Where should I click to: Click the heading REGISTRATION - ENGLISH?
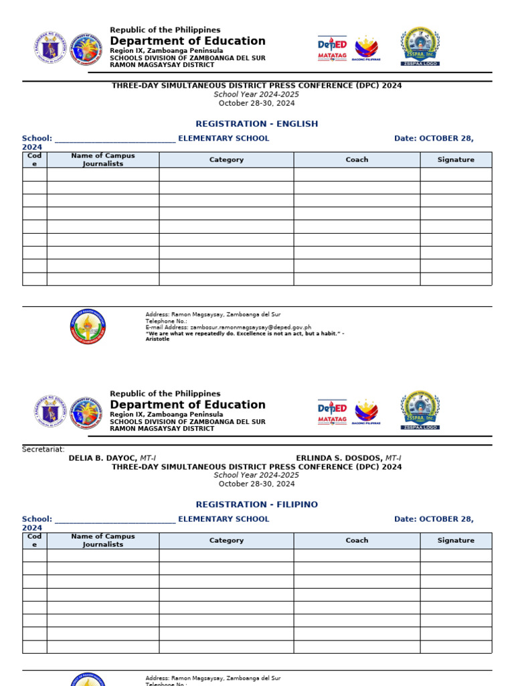click(256, 124)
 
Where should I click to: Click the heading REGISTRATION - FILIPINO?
click(256, 504)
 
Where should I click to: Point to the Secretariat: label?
click(44, 450)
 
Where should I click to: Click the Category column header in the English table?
click(226, 160)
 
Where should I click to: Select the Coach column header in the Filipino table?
click(357, 541)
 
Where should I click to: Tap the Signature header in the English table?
click(456, 160)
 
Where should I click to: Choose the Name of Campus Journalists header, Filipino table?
click(102, 541)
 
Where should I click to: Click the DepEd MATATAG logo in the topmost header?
click(332, 48)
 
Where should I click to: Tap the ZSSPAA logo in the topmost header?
click(420, 46)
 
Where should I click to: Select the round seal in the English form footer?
click(87, 327)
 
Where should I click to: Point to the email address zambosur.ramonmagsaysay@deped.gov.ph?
click(228, 328)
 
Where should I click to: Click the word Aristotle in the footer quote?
click(158, 340)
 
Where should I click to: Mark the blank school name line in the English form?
click(114, 139)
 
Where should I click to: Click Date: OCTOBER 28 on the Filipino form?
click(434, 519)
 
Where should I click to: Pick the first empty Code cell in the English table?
click(35, 175)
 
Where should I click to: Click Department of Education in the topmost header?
click(187, 41)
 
